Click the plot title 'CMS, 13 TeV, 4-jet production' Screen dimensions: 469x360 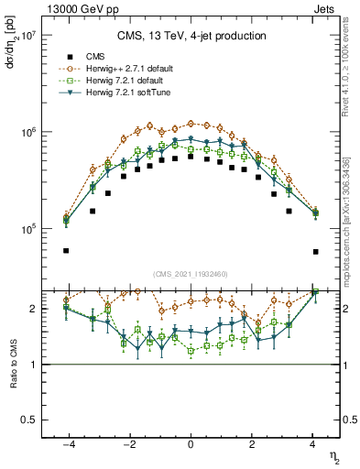click(191, 37)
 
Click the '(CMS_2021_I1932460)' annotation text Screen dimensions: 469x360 click(191, 272)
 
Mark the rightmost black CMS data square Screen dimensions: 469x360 click(315, 251)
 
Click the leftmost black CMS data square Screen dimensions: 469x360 click(66, 250)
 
